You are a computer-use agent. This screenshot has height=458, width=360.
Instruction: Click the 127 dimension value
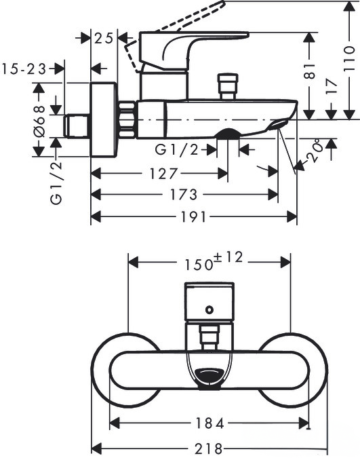click(163, 174)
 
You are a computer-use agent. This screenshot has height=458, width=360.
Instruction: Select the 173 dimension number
click(184, 195)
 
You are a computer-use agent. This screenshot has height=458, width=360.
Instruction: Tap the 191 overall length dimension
click(194, 217)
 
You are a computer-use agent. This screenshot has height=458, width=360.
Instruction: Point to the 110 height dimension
click(349, 59)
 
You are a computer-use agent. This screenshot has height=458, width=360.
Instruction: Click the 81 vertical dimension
click(310, 71)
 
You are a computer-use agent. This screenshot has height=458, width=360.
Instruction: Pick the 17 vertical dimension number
click(332, 86)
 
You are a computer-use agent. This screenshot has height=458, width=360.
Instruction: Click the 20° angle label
click(313, 151)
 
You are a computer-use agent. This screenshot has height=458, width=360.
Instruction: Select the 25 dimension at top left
click(104, 38)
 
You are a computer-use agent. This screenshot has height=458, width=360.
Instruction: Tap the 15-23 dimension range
click(24, 69)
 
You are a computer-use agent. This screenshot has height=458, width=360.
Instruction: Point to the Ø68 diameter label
click(39, 121)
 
